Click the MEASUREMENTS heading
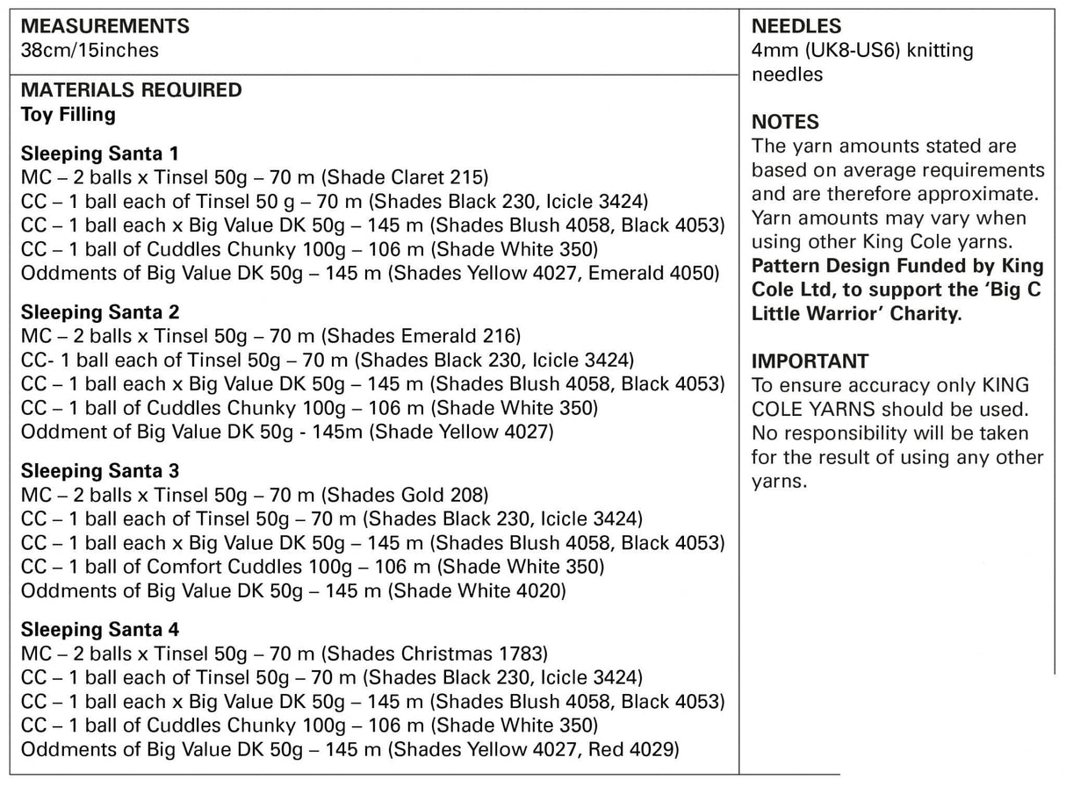[104, 27]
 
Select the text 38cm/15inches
[90, 51]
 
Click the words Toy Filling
[68, 114]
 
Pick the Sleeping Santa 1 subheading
[100, 154]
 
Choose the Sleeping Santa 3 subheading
[101, 472]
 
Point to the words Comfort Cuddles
[212, 567]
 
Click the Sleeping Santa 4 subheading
[101, 631]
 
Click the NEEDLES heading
[796, 27]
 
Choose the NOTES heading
[785, 122]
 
